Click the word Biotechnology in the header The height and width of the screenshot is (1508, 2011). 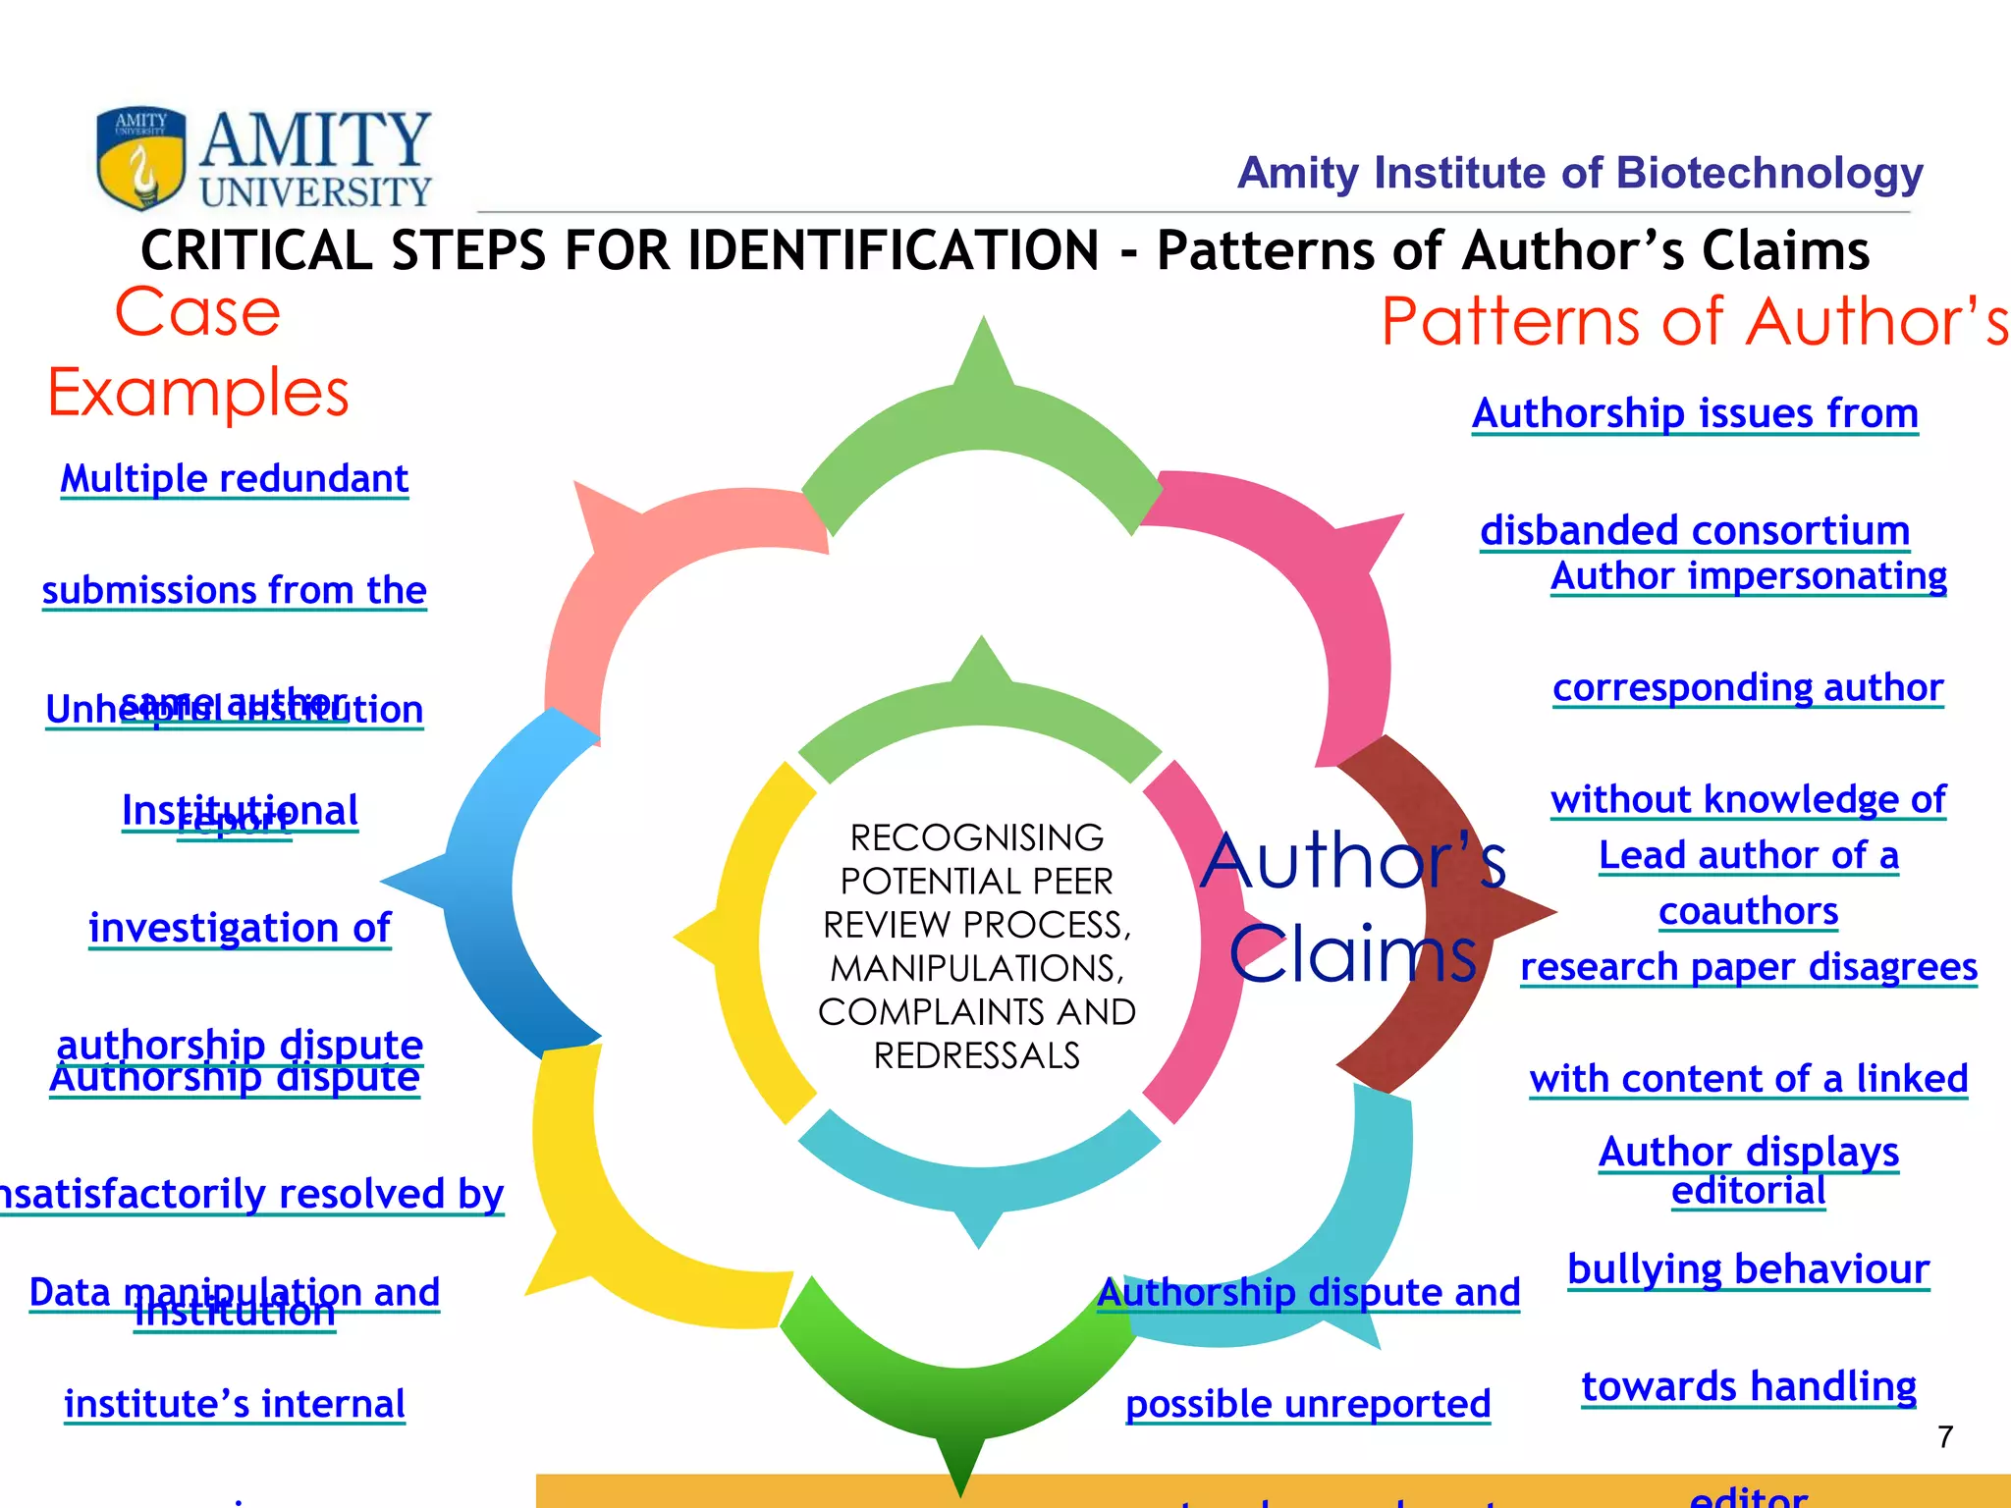pos(1768,173)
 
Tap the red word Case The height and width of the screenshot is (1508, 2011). pos(197,313)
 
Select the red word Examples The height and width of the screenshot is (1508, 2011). pos(198,393)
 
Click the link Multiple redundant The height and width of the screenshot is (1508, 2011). pos(234,479)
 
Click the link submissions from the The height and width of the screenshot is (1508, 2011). pos(234,590)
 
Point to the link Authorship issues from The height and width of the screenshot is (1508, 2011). pos(1695,413)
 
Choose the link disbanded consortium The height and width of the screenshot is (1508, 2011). pos(1695,530)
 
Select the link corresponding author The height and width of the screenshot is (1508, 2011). pos(1748,687)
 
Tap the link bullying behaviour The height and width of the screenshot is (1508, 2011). pos(1748,1268)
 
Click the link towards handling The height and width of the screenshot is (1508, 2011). pos(1748,1386)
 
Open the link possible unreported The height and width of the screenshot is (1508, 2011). pos(1308,1404)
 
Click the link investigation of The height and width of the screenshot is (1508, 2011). pos(240,928)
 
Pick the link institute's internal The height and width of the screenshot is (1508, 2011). pos(234,1404)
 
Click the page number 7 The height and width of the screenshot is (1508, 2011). pos(1945,1437)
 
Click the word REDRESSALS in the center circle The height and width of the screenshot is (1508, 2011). pos(977,1056)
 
